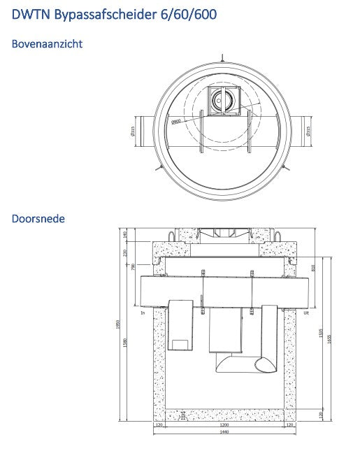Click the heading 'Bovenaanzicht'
(48, 44)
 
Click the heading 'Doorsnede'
(38, 219)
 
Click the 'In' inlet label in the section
(142, 314)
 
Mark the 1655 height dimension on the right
(329, 338)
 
